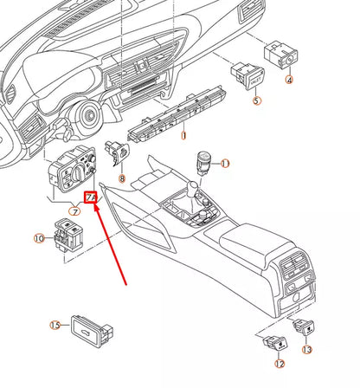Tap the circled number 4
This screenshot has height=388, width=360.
click(290, 80)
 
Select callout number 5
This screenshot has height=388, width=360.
click(256, 100)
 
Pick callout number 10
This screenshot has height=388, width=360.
click(39, 237)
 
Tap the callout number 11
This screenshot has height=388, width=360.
click(225, 163)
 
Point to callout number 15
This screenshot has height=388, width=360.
click(55, 326)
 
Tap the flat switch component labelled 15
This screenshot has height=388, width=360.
click(88, 327)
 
